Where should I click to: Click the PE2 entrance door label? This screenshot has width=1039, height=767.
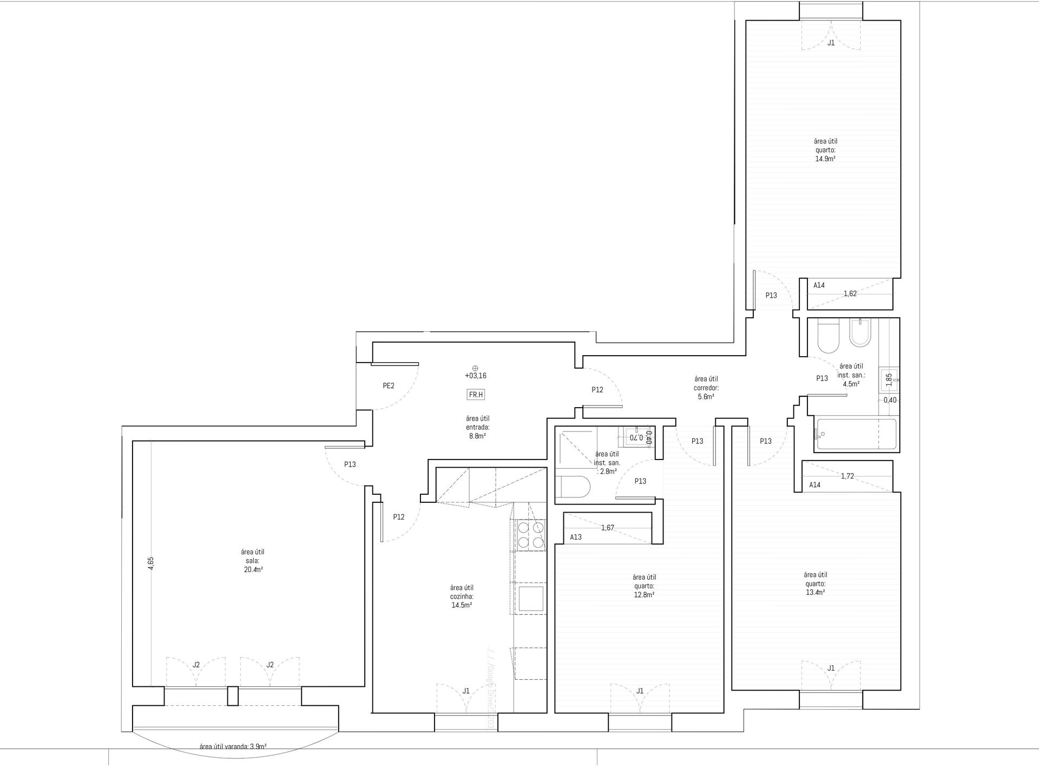[388, 386]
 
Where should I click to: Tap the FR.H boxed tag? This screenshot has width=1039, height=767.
[475, 395]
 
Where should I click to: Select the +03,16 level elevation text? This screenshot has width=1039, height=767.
[475, 375]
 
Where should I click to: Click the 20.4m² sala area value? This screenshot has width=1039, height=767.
[252, 569]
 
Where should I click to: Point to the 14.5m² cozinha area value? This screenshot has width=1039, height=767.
[462, 605]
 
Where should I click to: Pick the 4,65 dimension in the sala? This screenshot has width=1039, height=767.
[152, 563]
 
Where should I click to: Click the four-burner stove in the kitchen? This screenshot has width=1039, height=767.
[530, 534]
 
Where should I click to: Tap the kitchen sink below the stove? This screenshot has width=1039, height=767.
[530, 599]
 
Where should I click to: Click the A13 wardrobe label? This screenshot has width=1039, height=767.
[576, 537]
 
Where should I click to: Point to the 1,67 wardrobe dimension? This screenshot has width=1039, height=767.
[608, 527]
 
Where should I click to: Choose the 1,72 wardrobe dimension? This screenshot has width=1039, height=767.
[847, 476]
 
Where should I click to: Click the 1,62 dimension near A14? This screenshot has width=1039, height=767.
[850, 294]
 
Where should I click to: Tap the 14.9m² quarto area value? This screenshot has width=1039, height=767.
[825, 159]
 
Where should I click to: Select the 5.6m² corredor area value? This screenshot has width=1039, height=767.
[706, 396]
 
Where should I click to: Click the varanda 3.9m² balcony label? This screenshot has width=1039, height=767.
[233, 746]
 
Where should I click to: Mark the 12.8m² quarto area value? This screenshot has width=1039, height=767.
[645, 594]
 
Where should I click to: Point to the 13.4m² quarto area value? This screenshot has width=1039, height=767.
[815, 592]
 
